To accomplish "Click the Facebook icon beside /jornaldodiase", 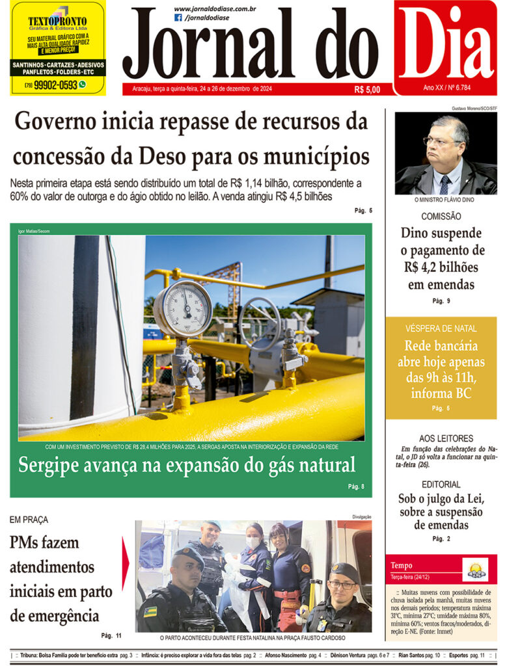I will pyautogui.click(x=178, y=18).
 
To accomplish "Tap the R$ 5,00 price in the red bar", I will pyautogui.click(x=367, y=90).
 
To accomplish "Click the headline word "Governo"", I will pyautogui.click(x=59, y=122).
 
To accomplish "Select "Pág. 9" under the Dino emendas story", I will pyautogui.click(x=441, y=300).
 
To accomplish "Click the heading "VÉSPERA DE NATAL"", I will pyautogui.click(x=441, y=328).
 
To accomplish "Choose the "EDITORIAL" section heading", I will pyautogui.click(x=441, y=485).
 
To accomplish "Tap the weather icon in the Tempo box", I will pyautogui.click(x=475, y=570).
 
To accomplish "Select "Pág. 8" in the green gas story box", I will pyautogui.click(x=356, y=486).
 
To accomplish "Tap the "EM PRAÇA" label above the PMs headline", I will pyautogui.click(x=29, y=520).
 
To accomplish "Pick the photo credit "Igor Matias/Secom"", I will pyautogui.click(x=34, y=231).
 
